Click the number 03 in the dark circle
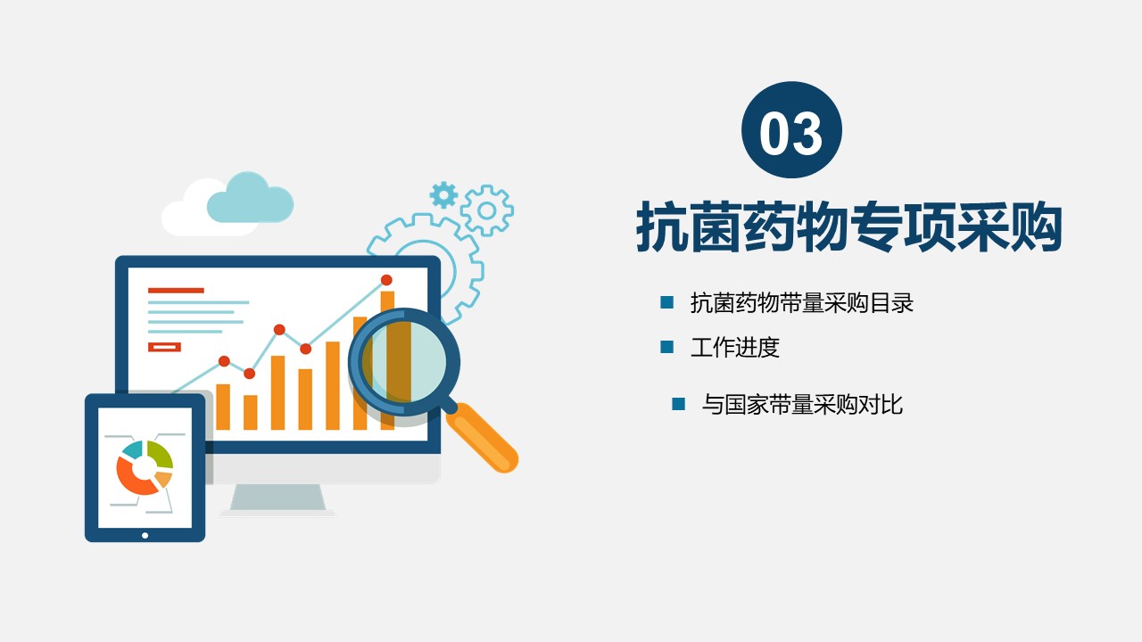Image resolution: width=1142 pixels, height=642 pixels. coord(790,133)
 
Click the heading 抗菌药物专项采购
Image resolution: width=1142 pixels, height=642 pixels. coord(848,226)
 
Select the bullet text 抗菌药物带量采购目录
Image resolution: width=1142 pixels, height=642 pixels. coord(802,302)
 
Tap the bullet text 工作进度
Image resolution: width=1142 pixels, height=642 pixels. coord(735,347)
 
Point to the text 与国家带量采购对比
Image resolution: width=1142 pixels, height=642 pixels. coord(802,405)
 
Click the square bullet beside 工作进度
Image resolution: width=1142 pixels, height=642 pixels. coord(666,347)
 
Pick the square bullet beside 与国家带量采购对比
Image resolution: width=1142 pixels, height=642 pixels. coord(679,404)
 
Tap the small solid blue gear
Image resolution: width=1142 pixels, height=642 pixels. coord(443,194)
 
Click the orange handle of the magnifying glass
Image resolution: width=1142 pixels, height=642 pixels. coord(483,437)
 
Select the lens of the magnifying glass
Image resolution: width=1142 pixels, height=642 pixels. coord(404,362)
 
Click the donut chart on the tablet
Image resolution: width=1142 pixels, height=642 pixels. coord(145,468)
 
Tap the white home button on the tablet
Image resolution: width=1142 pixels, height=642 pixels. coord(145,536)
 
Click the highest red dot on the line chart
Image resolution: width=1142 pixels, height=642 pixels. coord(386,280)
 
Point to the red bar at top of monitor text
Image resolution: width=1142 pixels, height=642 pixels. coord(176,291)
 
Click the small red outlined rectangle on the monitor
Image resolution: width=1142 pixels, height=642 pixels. coord(164,347)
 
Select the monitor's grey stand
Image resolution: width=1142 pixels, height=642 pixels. coord(277,498)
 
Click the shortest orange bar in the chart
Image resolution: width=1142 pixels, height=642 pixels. coord(251,412)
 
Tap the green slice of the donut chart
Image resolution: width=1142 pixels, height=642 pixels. coord(160,455)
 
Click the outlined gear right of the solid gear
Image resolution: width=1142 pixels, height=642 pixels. coord(487,210)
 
